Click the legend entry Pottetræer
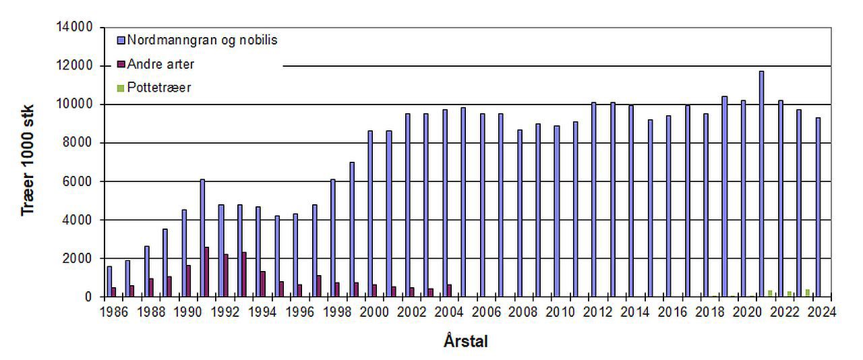pos(159,88)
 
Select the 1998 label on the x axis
pos(333,311)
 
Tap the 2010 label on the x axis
pos(559,311)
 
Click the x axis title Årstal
pos(466,341)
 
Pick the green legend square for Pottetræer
pos(121,88)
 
